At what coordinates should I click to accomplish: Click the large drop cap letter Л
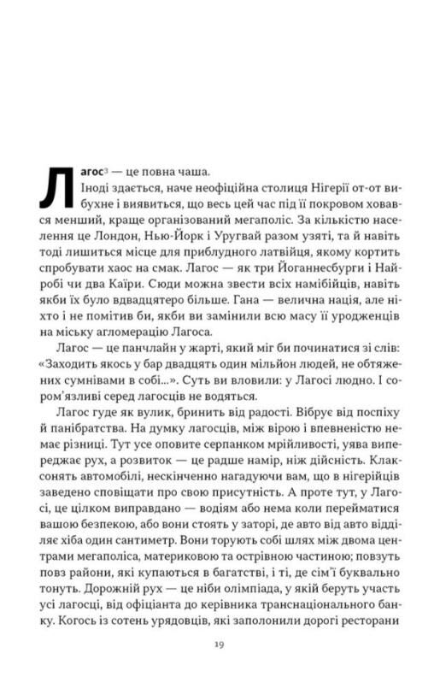click(57, 186)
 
